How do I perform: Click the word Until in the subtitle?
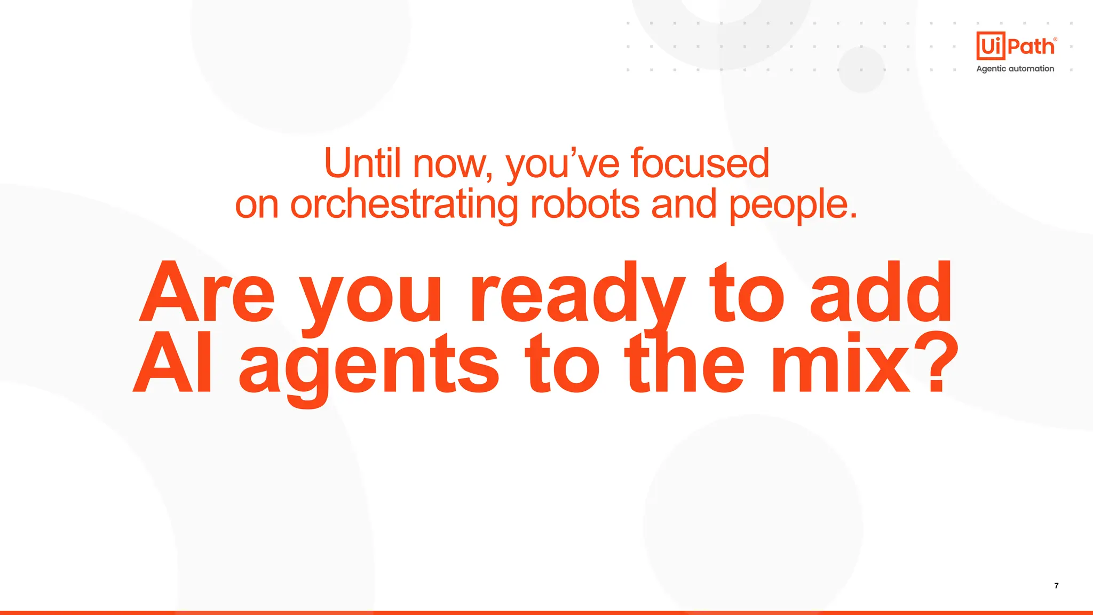(362, 163)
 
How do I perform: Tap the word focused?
(700, 163)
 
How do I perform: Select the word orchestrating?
(404, 205)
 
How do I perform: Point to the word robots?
(584, 204)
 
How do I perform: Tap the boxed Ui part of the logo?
(991, 46)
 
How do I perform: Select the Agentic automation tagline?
(1015, 69)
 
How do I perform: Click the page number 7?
(1056, 586)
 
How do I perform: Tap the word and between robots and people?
(684, 204)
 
